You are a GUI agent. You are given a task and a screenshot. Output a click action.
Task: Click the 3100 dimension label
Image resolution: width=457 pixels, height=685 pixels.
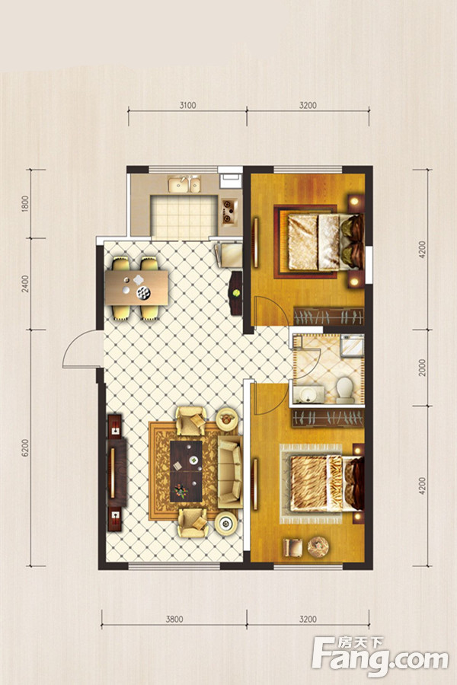coord(187,105)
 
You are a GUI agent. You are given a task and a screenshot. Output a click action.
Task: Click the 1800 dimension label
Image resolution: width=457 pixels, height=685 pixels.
coord(25,204)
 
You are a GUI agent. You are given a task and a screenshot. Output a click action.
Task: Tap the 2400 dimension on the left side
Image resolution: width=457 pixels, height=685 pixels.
coord(25,284)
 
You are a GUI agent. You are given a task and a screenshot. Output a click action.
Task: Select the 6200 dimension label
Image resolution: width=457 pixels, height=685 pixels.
coord(25,448)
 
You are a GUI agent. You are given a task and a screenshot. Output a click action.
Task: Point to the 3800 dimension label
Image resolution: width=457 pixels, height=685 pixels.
coord(174,619)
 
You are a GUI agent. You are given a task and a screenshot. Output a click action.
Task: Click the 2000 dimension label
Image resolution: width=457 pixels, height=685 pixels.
coord(421,368)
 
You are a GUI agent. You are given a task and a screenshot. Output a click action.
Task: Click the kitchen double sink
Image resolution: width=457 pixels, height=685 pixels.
coord(184,184)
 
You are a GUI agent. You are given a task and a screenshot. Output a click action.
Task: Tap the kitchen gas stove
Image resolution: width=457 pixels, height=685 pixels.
coord(229,211)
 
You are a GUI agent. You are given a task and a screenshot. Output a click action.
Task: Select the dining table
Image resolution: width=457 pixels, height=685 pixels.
coord(136,288)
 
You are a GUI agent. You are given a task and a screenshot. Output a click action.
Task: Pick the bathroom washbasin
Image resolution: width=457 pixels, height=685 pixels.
coord(308,395)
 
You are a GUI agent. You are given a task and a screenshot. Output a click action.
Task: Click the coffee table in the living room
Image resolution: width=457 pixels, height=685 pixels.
coord(186,471)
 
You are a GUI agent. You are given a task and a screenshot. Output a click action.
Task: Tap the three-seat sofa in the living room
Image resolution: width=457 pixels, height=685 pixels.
coord(229,472)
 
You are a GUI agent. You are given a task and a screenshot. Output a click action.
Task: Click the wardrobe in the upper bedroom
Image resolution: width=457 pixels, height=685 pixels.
coord(328,317)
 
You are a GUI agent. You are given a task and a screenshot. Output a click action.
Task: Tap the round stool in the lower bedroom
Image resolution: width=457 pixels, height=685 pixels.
coord(318,546)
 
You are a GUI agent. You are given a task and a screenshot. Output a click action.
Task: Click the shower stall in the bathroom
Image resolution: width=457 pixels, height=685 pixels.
coord(352,346)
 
